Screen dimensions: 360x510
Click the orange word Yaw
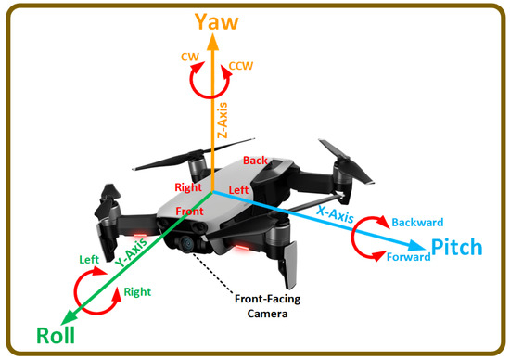pos(216,21)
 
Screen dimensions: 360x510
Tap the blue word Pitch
pos(456,247)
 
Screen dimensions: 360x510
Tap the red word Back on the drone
pos(255,161)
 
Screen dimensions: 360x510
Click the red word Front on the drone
pos(189,212)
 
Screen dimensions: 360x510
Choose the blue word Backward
pos(418,224)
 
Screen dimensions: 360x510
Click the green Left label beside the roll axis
pos(89,261)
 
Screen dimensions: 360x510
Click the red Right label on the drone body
pos(188,187)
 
